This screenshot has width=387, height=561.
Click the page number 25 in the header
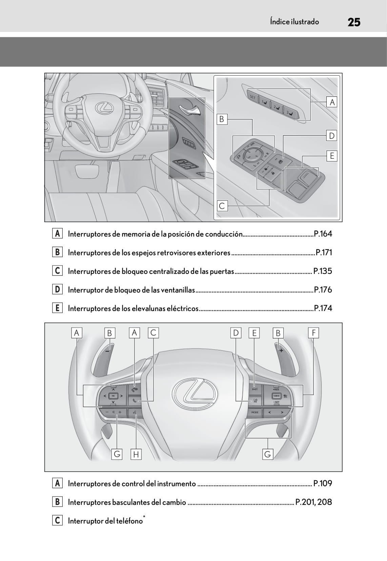[x=354, y=22]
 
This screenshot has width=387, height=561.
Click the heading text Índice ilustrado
[x=294, y=22]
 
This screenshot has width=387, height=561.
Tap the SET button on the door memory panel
[x=252, y=97]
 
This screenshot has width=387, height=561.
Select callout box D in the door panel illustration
[x=331, y=136]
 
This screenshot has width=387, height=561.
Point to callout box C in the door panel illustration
[x=222, y=206]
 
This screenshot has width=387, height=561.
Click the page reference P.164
[x=323, y=234]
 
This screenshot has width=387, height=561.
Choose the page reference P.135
[x=323, y=271]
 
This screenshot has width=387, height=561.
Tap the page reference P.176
[x=323, y=290]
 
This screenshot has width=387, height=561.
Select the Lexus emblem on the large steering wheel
[x=194, y=393]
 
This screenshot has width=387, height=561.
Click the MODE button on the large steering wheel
[x=255, y=412]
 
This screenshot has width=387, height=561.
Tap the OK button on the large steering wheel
[x=113, y=396]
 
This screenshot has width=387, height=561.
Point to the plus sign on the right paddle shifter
[x=281, y=350]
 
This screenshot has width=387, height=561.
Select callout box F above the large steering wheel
[x=313, y=333]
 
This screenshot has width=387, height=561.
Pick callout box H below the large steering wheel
[x=136, y=454]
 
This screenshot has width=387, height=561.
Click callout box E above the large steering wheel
[x=254, y=333]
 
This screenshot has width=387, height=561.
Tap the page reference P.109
[x=323, y=484]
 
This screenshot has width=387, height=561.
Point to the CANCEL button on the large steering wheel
[x=276, y=396]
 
